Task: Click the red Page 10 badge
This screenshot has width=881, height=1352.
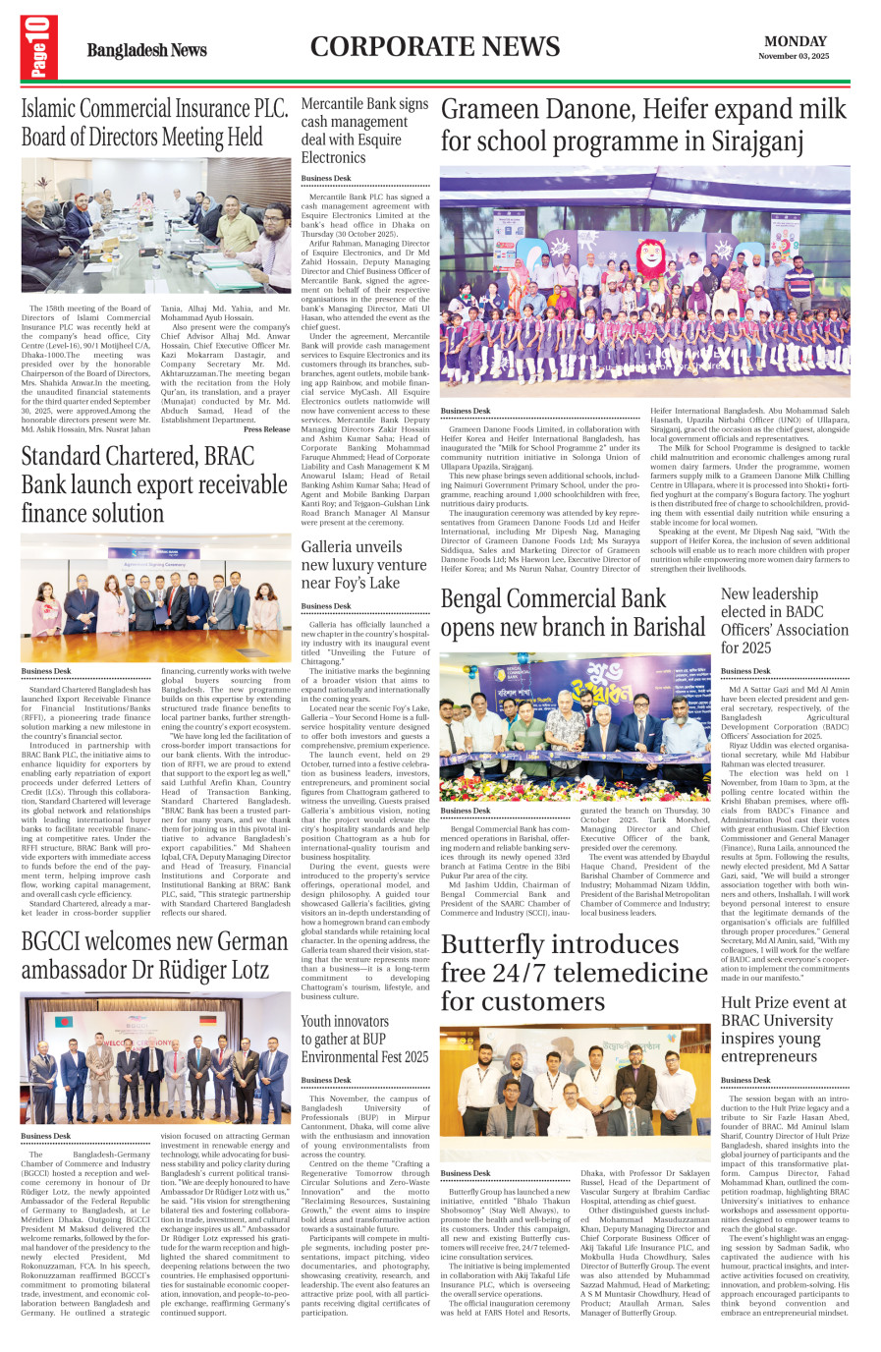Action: point(38,47)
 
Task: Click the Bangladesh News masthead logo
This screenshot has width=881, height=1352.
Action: point(146,50)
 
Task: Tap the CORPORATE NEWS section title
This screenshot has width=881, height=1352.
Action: point(435,47)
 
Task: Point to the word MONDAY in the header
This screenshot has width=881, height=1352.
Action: point(795,41)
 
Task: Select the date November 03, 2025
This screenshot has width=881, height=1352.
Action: point(794,56)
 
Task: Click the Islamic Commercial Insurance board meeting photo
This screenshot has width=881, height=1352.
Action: point(155,225)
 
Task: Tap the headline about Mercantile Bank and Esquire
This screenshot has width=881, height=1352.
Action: point(364,131)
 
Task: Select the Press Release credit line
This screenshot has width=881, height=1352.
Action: point(266,429)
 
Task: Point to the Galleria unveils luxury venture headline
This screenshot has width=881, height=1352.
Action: point(363,565)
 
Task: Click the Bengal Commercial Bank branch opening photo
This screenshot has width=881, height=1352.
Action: point(575,726)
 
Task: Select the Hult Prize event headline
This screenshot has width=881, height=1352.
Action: point(783,1029)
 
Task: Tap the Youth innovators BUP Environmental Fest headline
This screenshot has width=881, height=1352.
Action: point(364,1039)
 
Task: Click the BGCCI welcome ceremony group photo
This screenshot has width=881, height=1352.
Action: point(155,1057)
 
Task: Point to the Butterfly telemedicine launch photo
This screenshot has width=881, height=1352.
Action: point(575,1093)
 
